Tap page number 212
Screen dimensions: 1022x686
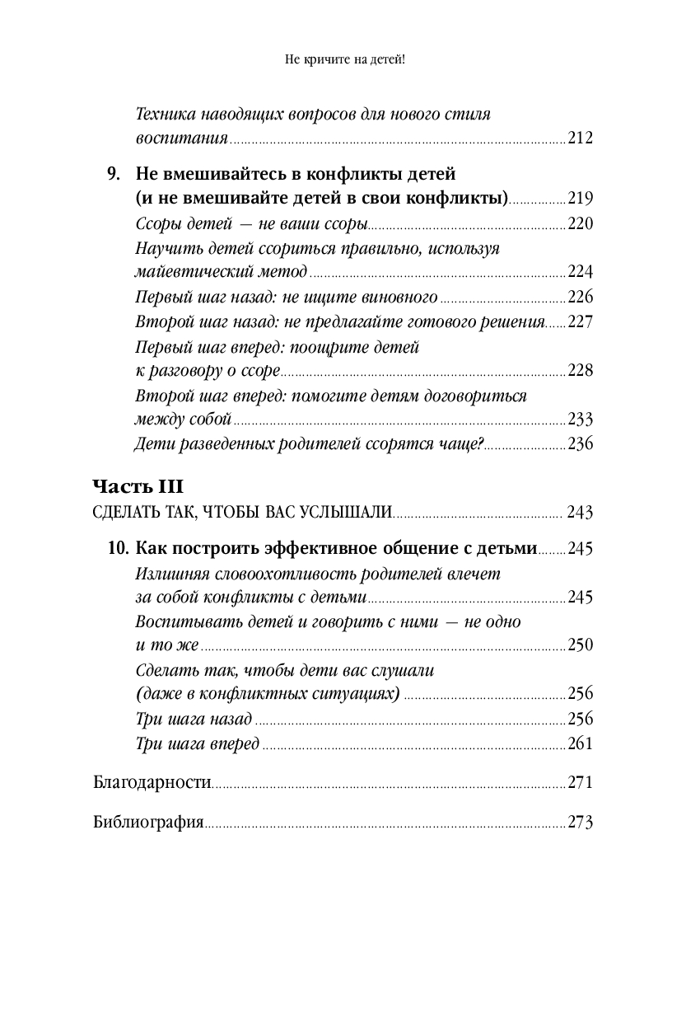pyautogui.click(x=580, y=138)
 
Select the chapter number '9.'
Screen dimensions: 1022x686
pyautogui.click(x=114, y=175)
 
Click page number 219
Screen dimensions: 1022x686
pyautogui.click(x=580, y=199)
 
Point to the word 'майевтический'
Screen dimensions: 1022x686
pyautogui.click(x=181, y=272)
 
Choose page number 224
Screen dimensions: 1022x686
pyautogui.click(x=580, y=272)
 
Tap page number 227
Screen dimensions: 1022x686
pyautogui.click(x=580, y=321)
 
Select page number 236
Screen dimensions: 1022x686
pyautogui.click(x=580, y=444)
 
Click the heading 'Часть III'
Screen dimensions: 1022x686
pyautogui.click(x=142, y=485)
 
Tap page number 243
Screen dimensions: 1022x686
pyautogui.click(x=580, y=513)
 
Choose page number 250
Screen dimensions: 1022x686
pyautogui.click(x=580, y=645)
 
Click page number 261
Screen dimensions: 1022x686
pyautogui.click(x=580, y=743)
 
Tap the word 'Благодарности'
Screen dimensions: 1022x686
pyautogui.click(x=152, y=782)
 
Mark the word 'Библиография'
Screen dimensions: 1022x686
pyautogui.click(x=148, y=822)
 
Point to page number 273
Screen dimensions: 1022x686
pyautogui.click(x=580, y=822)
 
